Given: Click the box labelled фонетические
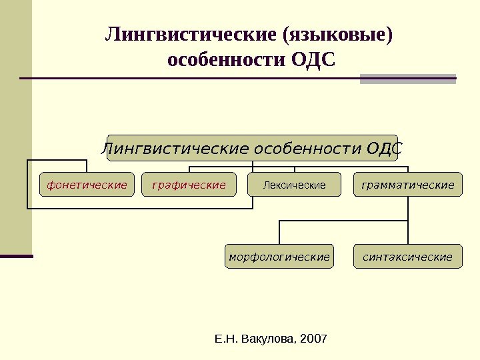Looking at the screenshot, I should pos(87,185).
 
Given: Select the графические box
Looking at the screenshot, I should pos(189,185).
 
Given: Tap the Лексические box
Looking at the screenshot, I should pos(294,185).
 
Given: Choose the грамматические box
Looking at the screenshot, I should pos(407,185).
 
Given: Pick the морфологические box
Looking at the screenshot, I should pos(279,257).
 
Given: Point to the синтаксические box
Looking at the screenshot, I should pos(407,257).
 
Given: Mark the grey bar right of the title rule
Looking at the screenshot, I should pos(407,79).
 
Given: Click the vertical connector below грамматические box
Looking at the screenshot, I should pos(407,208).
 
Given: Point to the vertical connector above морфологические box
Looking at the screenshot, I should pos(279,233).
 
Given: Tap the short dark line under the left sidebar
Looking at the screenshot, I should pos(16,255).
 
